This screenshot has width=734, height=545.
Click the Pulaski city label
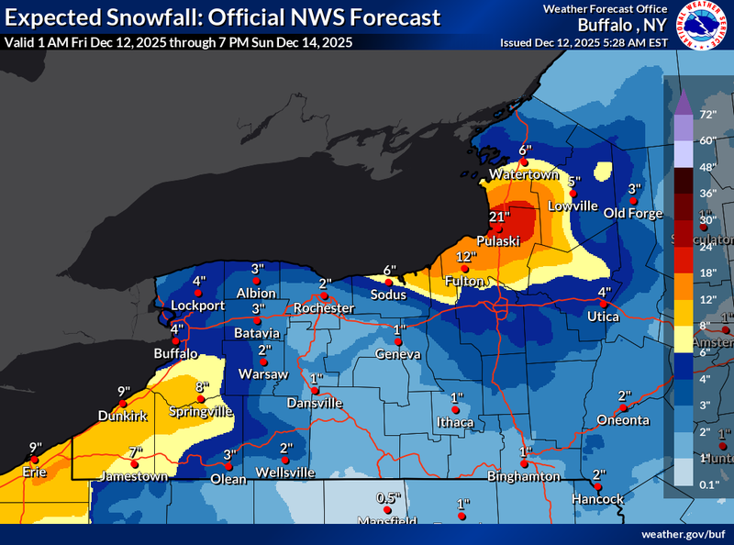pos(498,239)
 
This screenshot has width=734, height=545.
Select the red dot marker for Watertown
pos(524,162)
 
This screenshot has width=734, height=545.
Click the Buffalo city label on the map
pos(176,353)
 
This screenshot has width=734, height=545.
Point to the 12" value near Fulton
pos(467,257)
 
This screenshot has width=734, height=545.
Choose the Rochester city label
pos(323,308)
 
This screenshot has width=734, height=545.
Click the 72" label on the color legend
pos(706,115)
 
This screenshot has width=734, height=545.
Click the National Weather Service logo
pos(704,25)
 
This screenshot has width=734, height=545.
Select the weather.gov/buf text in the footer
pos(684,533)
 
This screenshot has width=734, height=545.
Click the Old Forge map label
pos(633,214)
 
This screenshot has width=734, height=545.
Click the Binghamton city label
pos(525,476)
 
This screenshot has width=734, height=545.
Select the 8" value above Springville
pos(202,387)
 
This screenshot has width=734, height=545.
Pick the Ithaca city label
pos(455,422)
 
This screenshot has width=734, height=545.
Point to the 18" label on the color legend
pos(706,272)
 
